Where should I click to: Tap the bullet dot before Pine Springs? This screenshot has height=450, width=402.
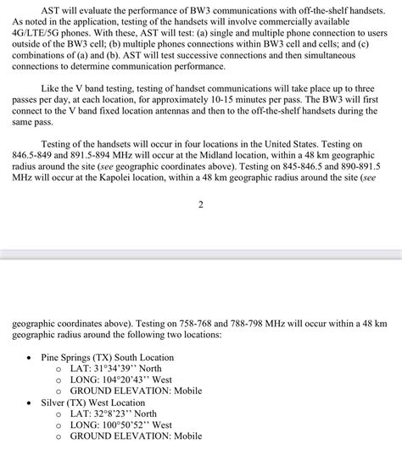click(x=31, y=358)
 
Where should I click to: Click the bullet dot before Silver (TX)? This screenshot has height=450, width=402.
click(x=31, y=403)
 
